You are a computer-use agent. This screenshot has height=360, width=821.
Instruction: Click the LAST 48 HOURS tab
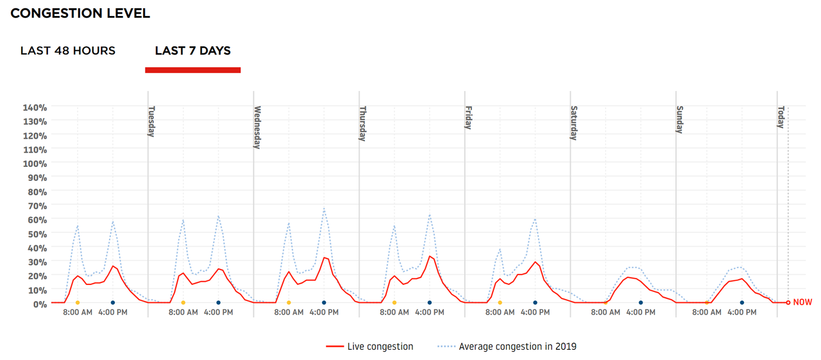click(68, 51)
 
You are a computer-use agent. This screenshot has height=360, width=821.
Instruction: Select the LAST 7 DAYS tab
click(192, 51)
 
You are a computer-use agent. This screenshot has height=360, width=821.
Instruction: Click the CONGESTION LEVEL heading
click(80, 13)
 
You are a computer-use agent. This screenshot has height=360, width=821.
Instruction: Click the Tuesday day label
click(152, 121)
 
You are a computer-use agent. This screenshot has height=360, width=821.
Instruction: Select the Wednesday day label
click(257, 127)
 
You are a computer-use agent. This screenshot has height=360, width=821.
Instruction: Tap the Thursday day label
click(363, 123)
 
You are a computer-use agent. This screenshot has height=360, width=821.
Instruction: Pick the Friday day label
click(469, 117)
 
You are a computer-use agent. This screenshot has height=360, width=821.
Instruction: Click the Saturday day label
click(574, 123)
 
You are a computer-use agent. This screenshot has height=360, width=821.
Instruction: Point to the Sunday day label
click(680, 119)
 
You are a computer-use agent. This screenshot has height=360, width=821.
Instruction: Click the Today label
click(781, 117)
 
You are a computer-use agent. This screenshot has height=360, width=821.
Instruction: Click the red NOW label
click(803, 302)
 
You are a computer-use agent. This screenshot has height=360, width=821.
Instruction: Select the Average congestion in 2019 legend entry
click(517, 347)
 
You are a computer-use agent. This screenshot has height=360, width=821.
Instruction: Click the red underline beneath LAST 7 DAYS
click(192, 70)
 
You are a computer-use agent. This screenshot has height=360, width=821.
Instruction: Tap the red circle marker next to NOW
click(788, 302)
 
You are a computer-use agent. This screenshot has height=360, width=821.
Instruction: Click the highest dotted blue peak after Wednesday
click(325, 209)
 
